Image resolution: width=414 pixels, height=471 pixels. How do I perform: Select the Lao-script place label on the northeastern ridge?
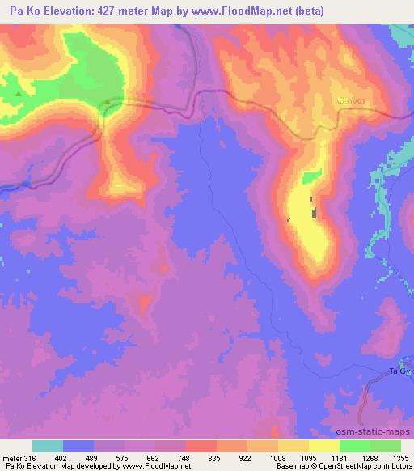(348, 100)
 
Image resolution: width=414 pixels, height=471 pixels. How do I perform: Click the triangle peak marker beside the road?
(108, 101)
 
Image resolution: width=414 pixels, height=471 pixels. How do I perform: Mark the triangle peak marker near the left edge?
(18, 94)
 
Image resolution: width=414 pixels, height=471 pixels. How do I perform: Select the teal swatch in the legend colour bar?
(47, 446)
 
